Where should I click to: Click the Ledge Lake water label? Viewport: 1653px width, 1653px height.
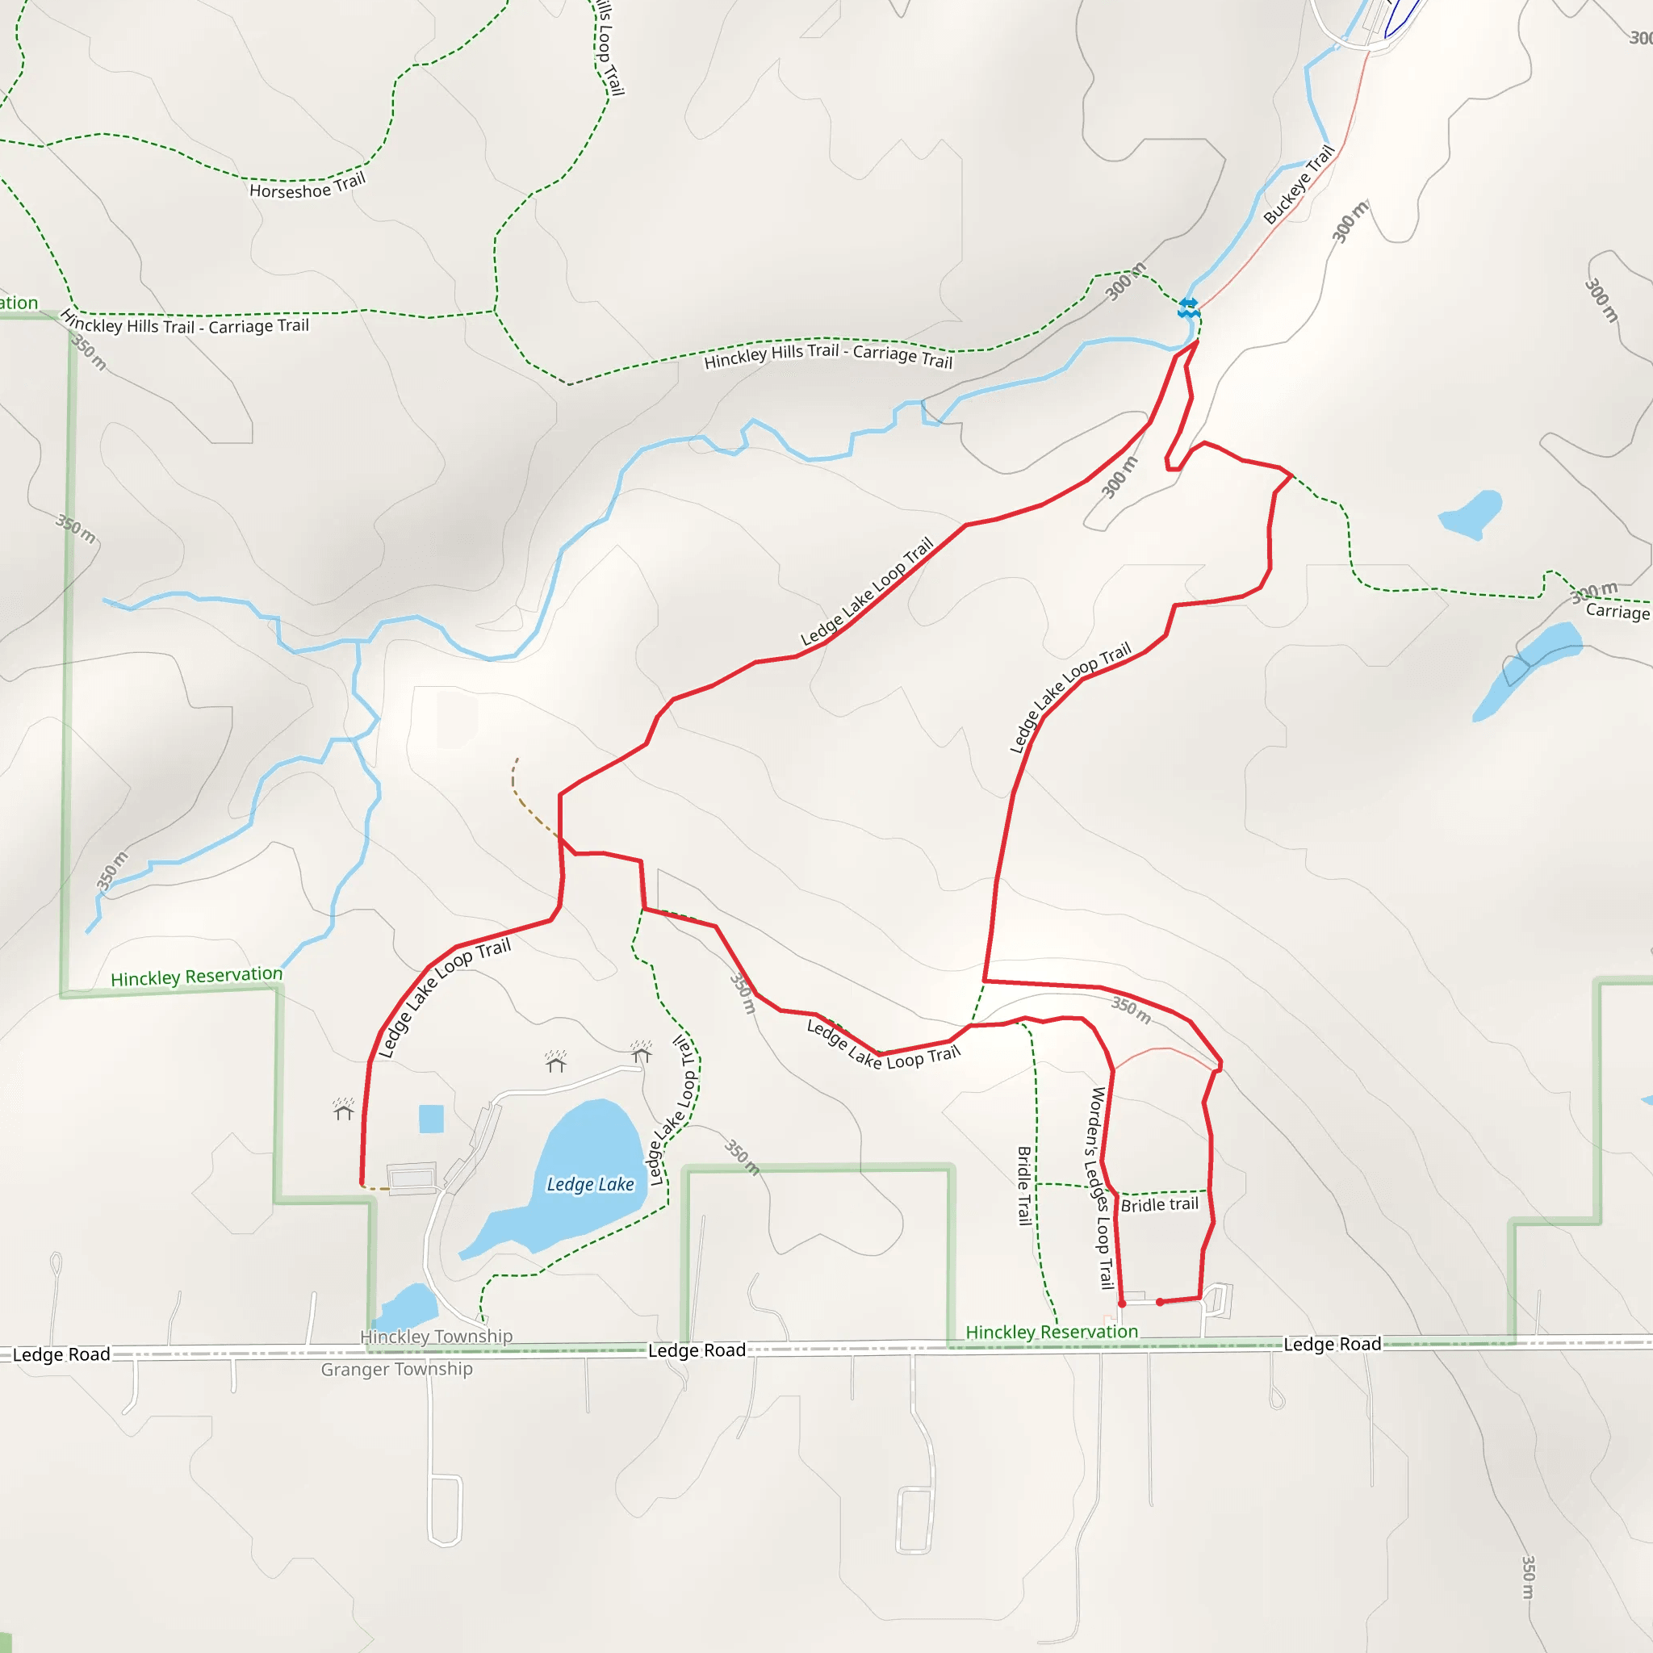click(590, 1184)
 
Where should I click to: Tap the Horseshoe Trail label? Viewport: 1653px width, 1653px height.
click(308, 186)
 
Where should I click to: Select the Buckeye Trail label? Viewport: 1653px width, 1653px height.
click(1298, 184)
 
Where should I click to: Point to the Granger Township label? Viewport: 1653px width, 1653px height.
click(396, 1369)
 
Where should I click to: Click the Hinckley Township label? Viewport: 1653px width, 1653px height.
click(437, 1336)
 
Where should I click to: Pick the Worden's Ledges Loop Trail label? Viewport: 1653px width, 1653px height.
click(1101, 1187)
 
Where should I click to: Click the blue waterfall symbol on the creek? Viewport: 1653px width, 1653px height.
click(1186, 308)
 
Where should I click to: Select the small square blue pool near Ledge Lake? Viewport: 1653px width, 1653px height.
click(431, 1118)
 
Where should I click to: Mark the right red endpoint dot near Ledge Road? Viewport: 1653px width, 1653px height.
click(1159, 1302)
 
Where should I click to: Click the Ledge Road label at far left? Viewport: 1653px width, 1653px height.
click(61, 1354)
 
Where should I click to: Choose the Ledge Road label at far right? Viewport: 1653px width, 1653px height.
click(1332, 1344)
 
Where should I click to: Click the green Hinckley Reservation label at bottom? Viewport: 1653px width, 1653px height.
click(1052, 1331)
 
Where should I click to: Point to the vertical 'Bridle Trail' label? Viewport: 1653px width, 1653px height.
click(1024, 1186)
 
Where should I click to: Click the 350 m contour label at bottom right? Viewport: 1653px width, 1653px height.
click(1528, 1577)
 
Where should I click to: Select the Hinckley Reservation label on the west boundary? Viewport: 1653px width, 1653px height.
click(196, 977)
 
